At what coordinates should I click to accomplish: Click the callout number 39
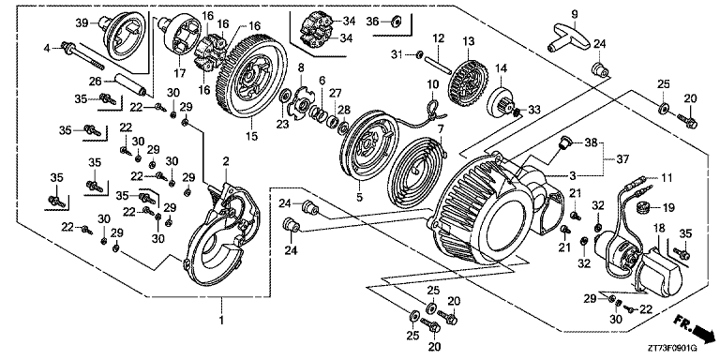point(82,22)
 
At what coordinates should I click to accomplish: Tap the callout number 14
point(501,68)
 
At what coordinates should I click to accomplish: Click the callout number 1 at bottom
point(221,321)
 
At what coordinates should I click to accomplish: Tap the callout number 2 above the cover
point(225,163)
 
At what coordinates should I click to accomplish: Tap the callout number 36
point(372,20)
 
